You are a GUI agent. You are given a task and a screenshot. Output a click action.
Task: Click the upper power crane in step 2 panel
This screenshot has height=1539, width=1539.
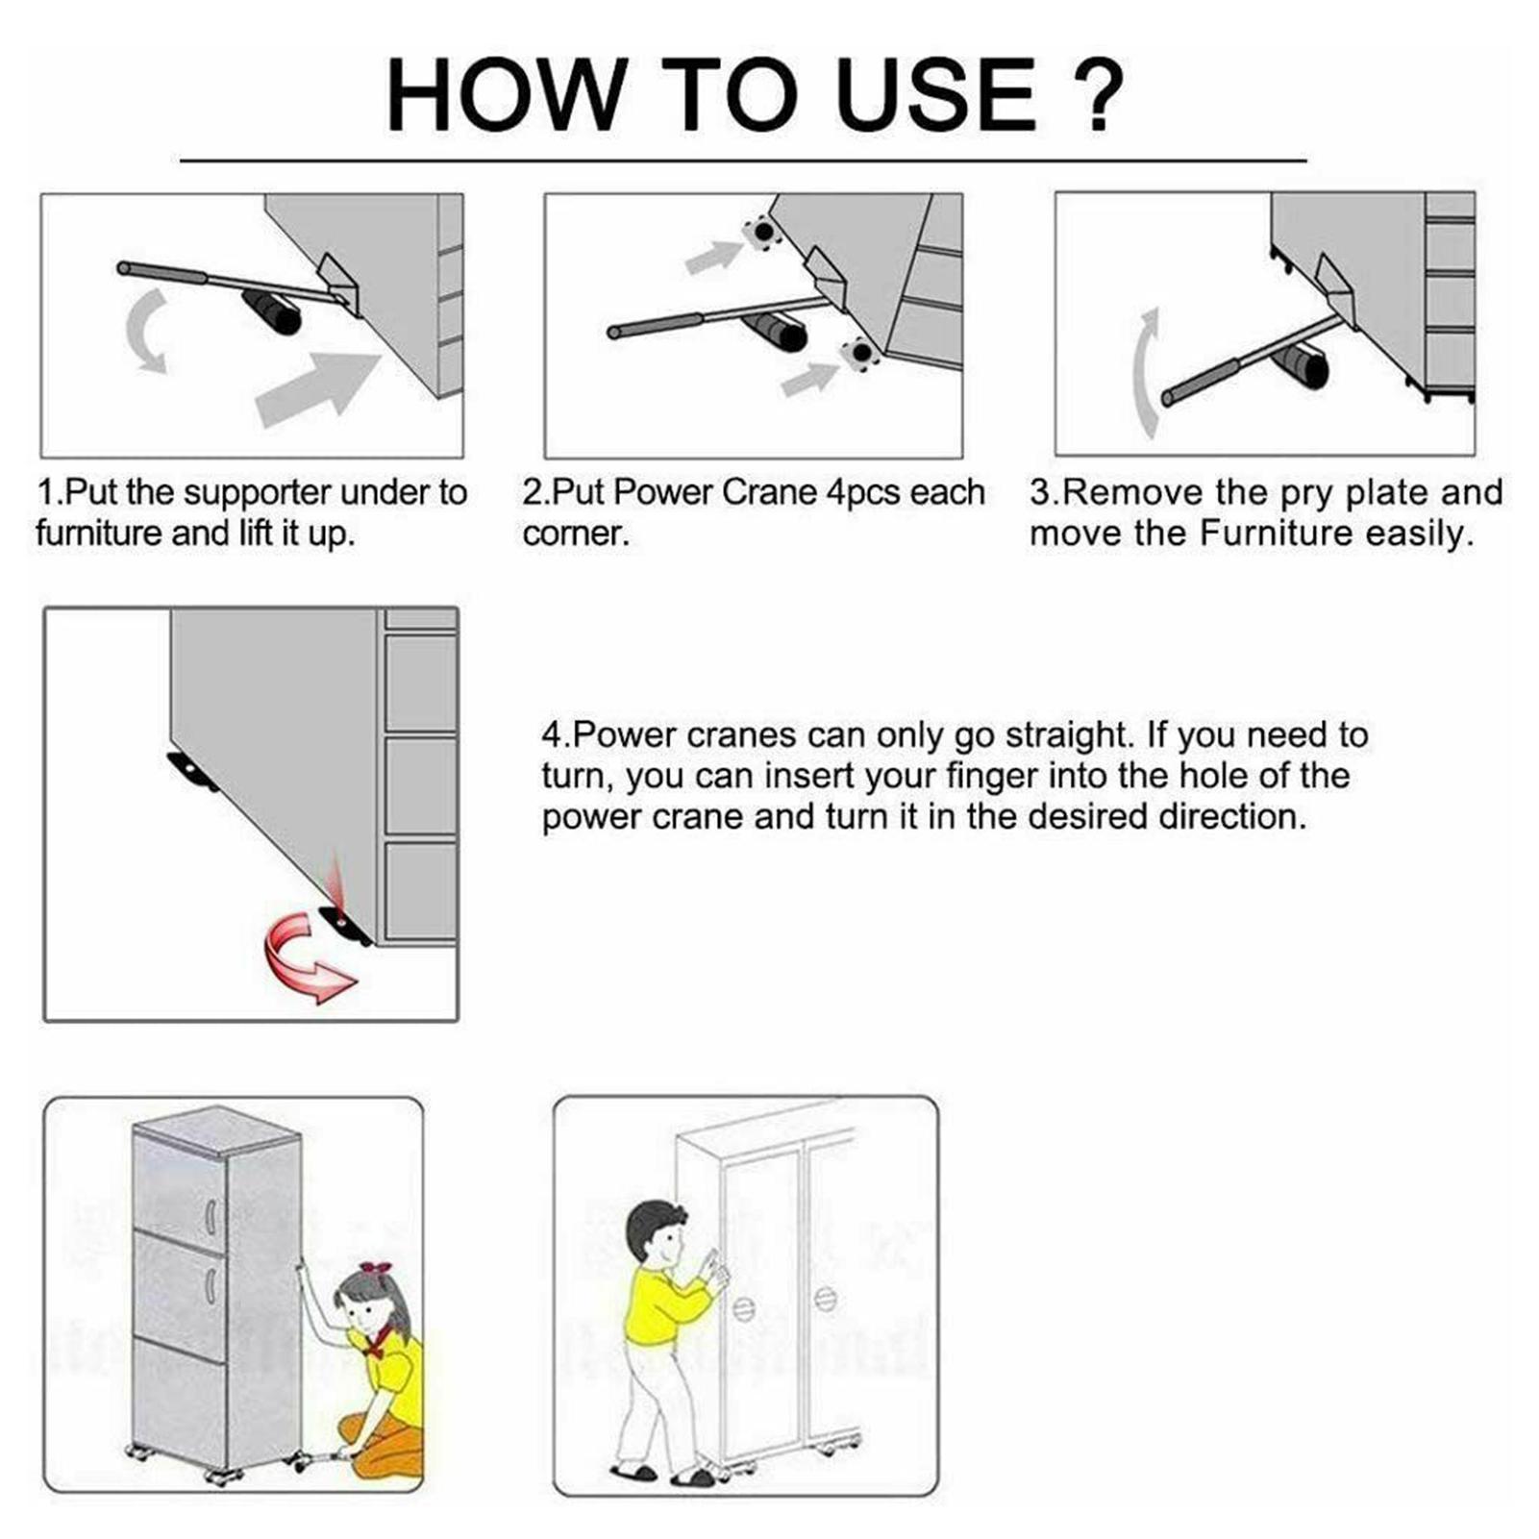pyautogui.click(x=761, y=233)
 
